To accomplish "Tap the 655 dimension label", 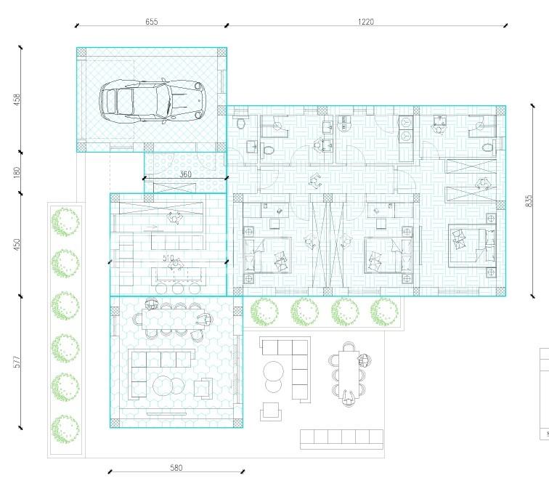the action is [x=152, y=22].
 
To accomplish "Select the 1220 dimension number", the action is [x=366, y=22].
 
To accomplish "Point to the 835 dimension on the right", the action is [x=529, y=201].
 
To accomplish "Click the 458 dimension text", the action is [x=17, y=100].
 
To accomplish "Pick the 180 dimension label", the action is [x=17, y=172].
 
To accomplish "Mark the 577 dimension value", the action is [x=17, y=362].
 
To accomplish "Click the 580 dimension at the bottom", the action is [x=176, y=468].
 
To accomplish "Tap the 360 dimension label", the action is [x=186, y=174].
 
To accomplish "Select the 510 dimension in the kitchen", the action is [x=168, y=258].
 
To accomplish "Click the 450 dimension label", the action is [x=17, y=244].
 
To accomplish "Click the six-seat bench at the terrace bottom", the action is [x=342, y=440].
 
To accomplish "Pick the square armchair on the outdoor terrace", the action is [x=271, y=411].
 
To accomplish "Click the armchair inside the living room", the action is [x=203, y=389].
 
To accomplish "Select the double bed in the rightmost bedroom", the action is [x=472, y=246].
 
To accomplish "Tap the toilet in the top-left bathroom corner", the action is [x=241, y=123].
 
